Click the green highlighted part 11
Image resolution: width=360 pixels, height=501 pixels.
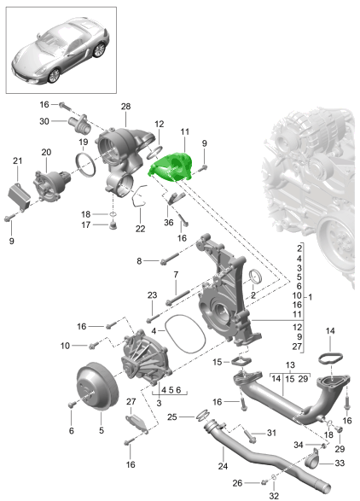click(x=171, y=166)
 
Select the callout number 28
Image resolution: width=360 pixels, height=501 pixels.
click(x=126, y=107)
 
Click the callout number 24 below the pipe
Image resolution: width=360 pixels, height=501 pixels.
click(x=223, y=466)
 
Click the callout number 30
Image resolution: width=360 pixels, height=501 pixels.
click(x=44, y=121)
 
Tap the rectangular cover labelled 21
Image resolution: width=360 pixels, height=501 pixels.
click(x=19, y=195)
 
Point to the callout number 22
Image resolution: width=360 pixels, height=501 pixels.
click(x=140, y=229)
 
